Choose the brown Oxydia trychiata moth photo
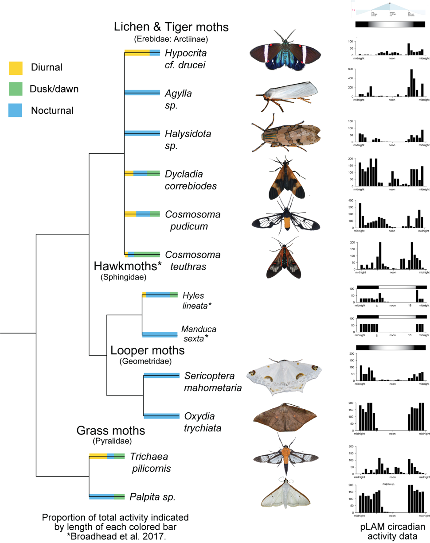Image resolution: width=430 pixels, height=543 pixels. [284, 418]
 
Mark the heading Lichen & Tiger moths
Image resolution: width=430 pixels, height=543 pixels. [171, 27]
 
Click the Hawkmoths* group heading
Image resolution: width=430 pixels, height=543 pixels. [122, 266]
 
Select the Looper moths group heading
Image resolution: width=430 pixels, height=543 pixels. [148, 350]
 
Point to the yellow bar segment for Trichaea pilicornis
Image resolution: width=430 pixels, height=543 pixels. [98, 456]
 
